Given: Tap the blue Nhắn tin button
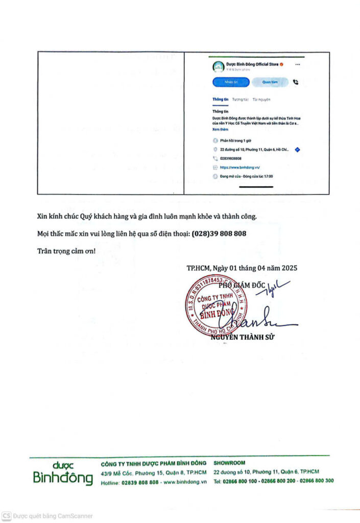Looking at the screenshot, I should tap(231, 82).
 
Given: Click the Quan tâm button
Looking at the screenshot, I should tap(270, 82).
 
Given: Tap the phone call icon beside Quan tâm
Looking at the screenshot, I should tap(295, 82).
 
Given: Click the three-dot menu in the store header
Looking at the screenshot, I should tap(298, 64).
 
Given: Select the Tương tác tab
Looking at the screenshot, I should tap(240, 100).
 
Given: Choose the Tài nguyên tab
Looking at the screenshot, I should tap(261, 100).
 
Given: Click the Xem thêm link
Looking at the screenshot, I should tap(221, 130).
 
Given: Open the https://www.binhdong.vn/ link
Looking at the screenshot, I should tap(240, 167).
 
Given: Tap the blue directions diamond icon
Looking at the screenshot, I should tap(298, 150).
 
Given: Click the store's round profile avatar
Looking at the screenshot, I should tap(218, 66).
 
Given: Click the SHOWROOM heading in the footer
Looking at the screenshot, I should tap(230, 463).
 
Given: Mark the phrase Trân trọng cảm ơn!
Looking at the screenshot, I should tap(66, 251).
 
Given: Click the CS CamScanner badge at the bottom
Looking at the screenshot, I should tap(7, 516).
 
